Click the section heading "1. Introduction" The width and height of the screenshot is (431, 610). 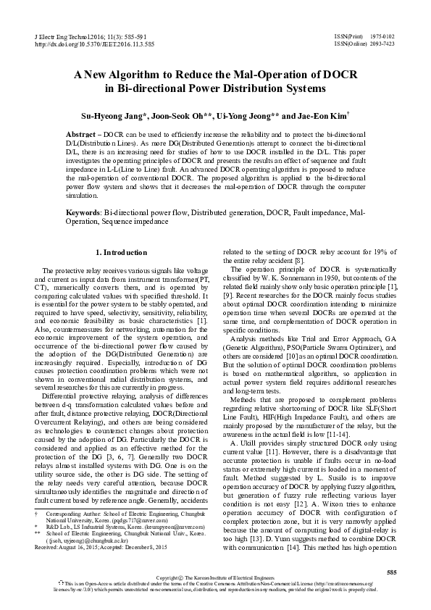(x=122, y=252)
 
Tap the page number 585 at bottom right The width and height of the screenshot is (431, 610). (x=392, y=573)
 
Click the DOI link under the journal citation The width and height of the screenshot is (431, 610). (x=94, y=44)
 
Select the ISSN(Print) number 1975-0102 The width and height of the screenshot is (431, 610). (x=381, y=35)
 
